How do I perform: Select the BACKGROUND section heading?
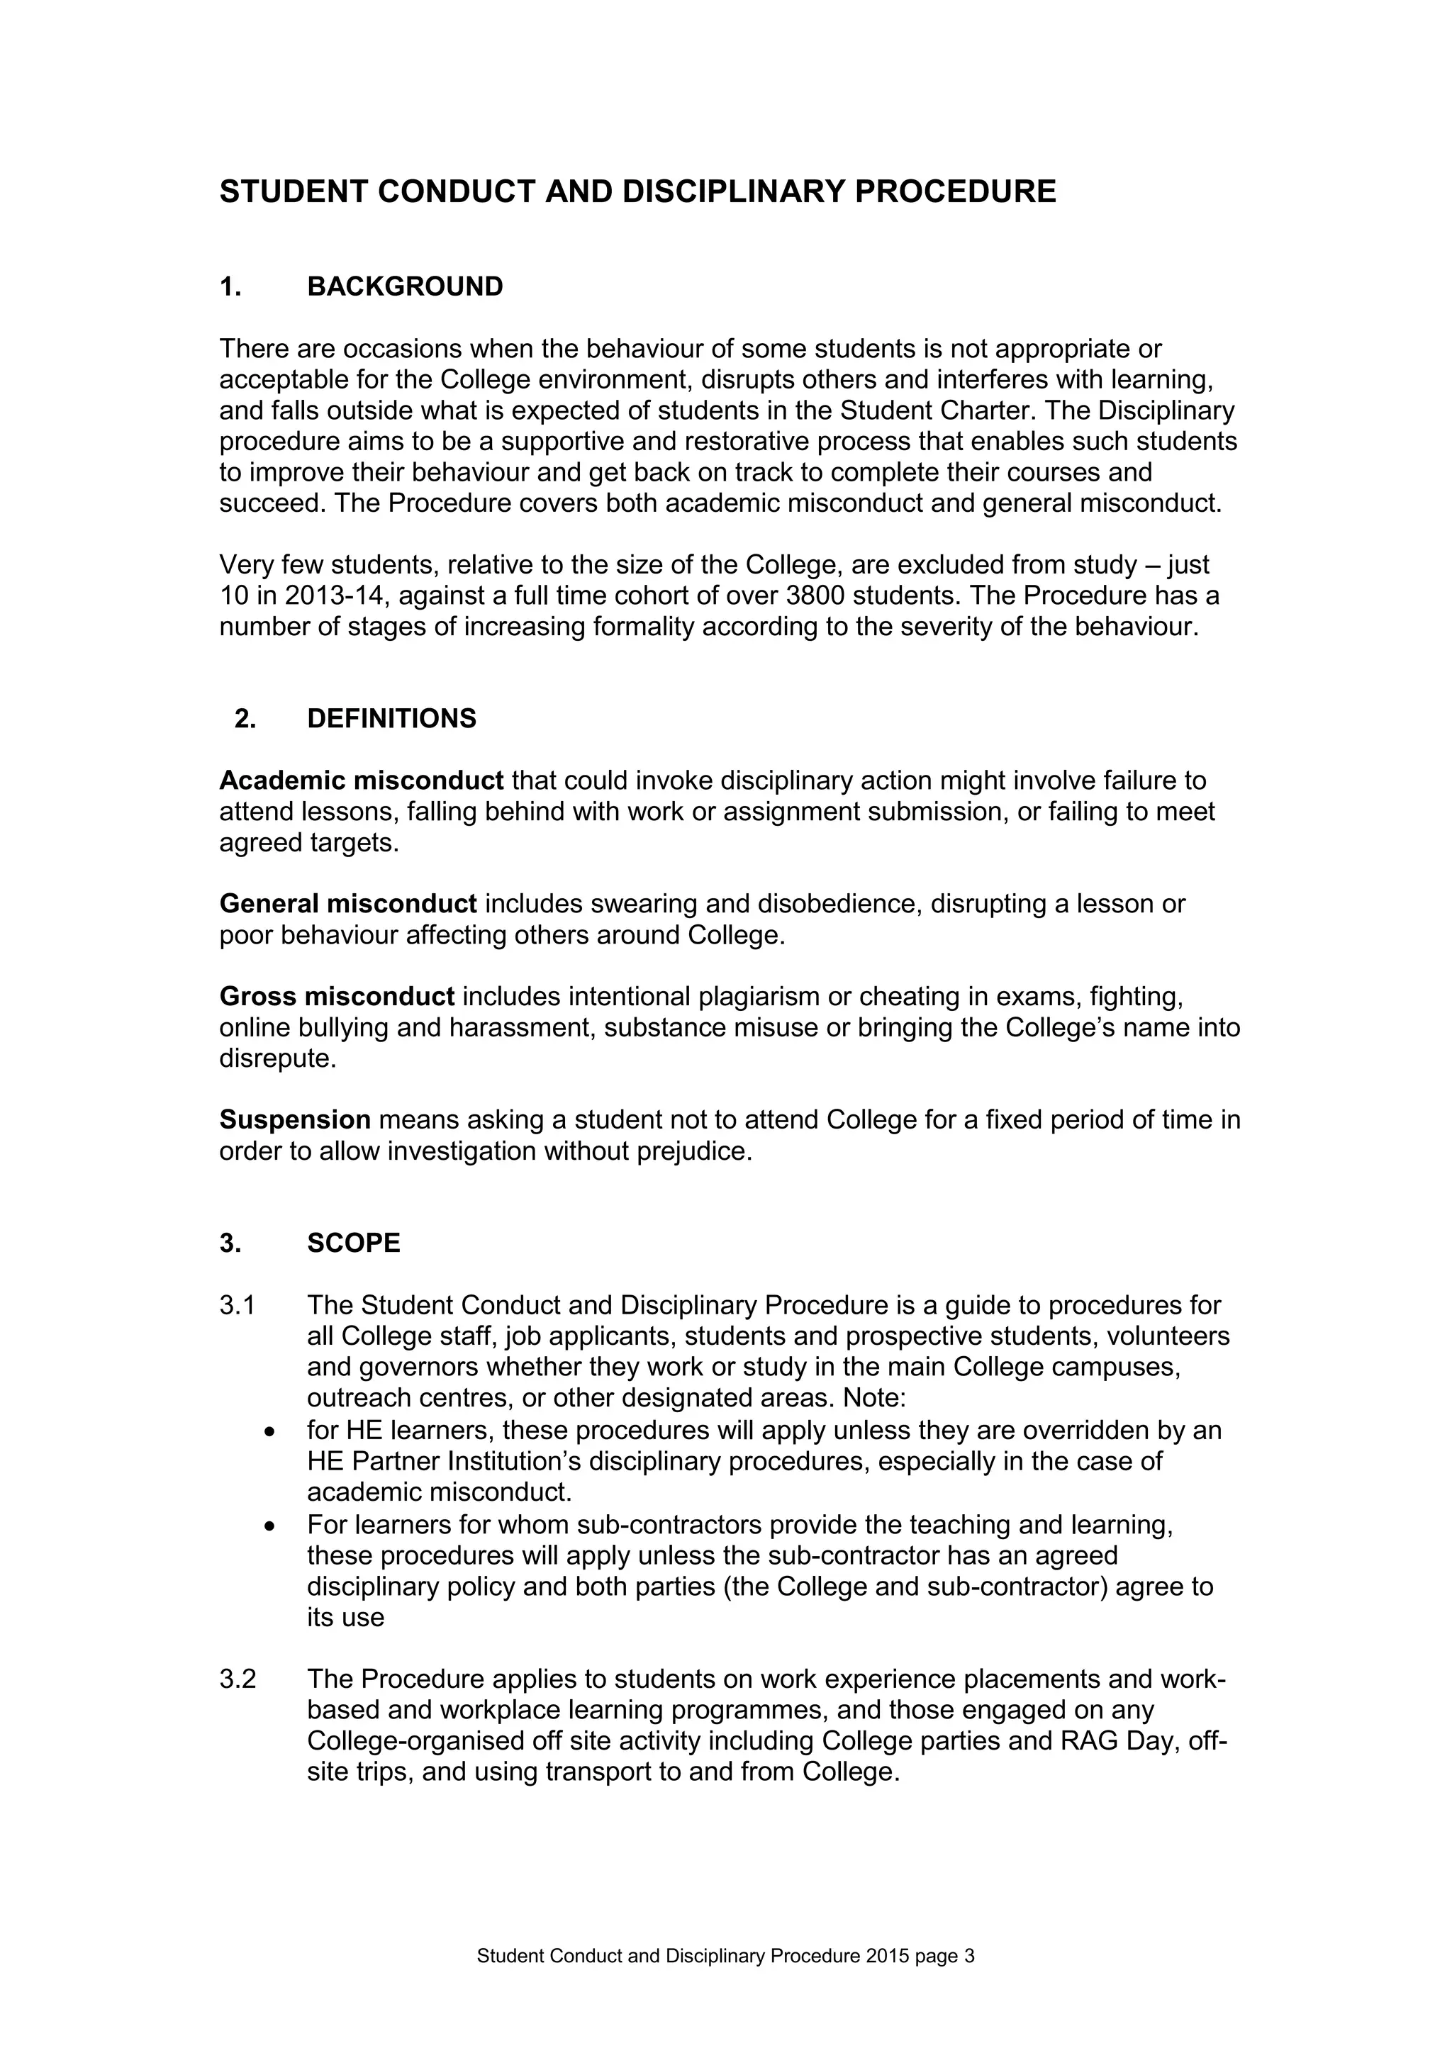[405, 287]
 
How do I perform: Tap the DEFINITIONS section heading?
[391, 719]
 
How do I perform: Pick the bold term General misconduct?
[348, 904]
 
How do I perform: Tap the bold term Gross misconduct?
[337, 996]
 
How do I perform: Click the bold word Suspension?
[295, 1119]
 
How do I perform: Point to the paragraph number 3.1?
[238, 1306]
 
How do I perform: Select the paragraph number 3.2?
[238, 1679]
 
